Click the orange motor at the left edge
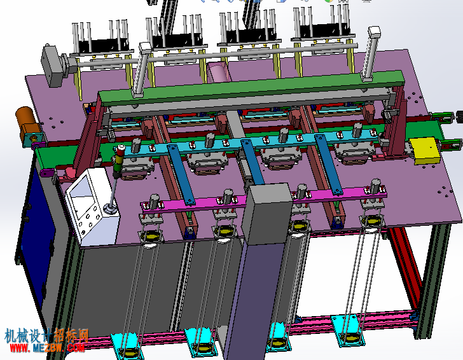(x=27, y=123)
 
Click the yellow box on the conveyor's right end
(x=425, y=151)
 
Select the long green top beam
(x=251, y=87)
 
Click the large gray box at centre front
(x=267, y=213)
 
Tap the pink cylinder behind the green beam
(x=218, y=72)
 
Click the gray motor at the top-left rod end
(x=53, y=66)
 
